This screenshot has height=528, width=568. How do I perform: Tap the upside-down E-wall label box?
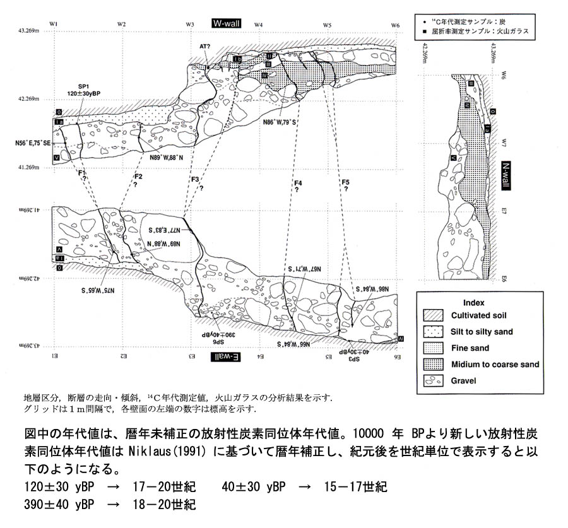coord(227,357)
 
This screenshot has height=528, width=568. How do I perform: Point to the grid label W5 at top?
coord(327,24)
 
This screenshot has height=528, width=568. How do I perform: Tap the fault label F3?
coord(195,179)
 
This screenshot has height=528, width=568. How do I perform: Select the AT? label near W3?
coord(204,47)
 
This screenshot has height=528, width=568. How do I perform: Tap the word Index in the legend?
coord(473,302)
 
